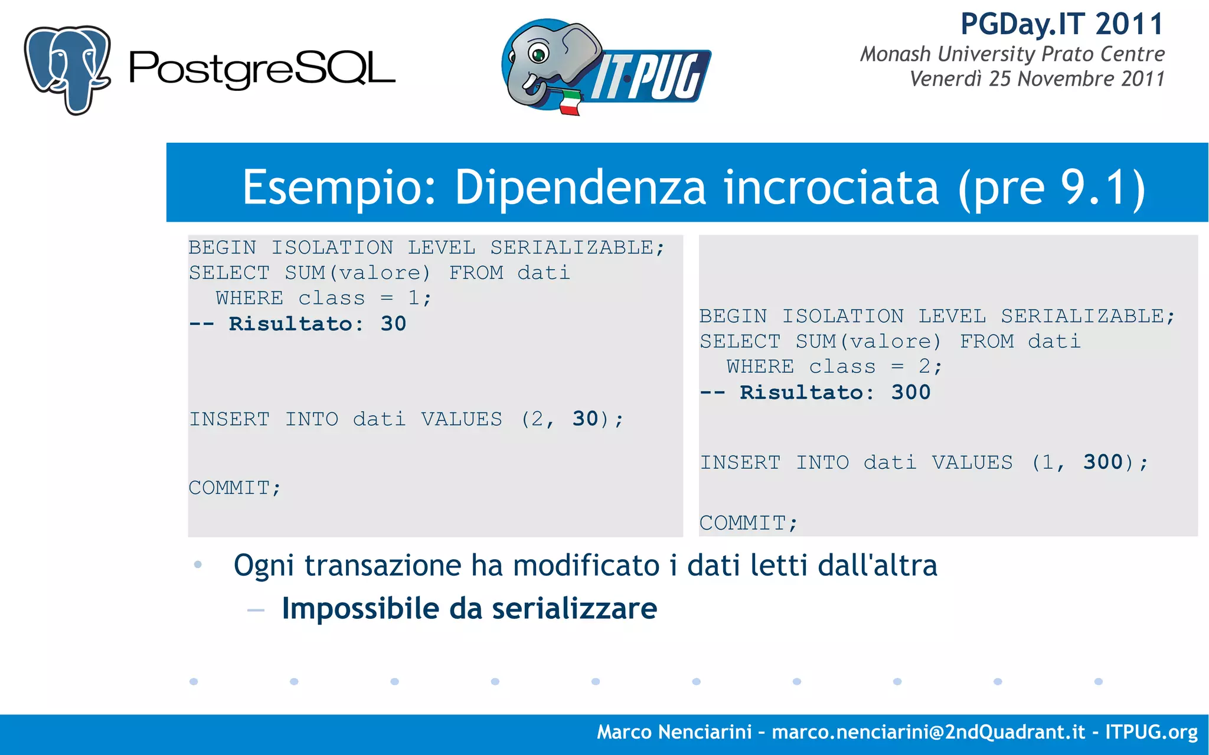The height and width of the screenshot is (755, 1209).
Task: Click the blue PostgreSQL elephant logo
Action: [x=67, y=69]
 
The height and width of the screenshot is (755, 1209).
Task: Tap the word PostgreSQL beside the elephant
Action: [x=262, y=70]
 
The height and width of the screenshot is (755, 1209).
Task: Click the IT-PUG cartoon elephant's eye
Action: [x=538, y=54]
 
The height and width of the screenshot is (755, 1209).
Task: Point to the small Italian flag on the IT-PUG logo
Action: [x=569, y=103]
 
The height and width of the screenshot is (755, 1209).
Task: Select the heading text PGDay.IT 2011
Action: [x=1062, y=25]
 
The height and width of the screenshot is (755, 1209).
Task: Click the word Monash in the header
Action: [x=896, y=54]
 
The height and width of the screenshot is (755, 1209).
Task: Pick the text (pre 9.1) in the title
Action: [x=1051, y=188]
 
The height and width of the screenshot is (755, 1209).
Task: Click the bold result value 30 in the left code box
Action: [x=393, y=324]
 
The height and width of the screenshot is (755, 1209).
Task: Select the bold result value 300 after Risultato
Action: [x=911, y=393]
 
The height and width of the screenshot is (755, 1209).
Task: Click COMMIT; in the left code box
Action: [x=235, y=488]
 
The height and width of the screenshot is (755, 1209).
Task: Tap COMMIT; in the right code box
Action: [x=749, y=523]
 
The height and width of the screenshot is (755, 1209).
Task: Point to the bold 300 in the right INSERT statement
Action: [x=1103, y=462]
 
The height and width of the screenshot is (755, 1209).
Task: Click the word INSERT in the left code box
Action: [x=230, y=419]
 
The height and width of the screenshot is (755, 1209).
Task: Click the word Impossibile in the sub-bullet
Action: [x=361, y=609]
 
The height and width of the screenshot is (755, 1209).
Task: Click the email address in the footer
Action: [x=928, y=733]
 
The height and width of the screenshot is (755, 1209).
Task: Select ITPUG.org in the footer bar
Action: [x=1151, y=733]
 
